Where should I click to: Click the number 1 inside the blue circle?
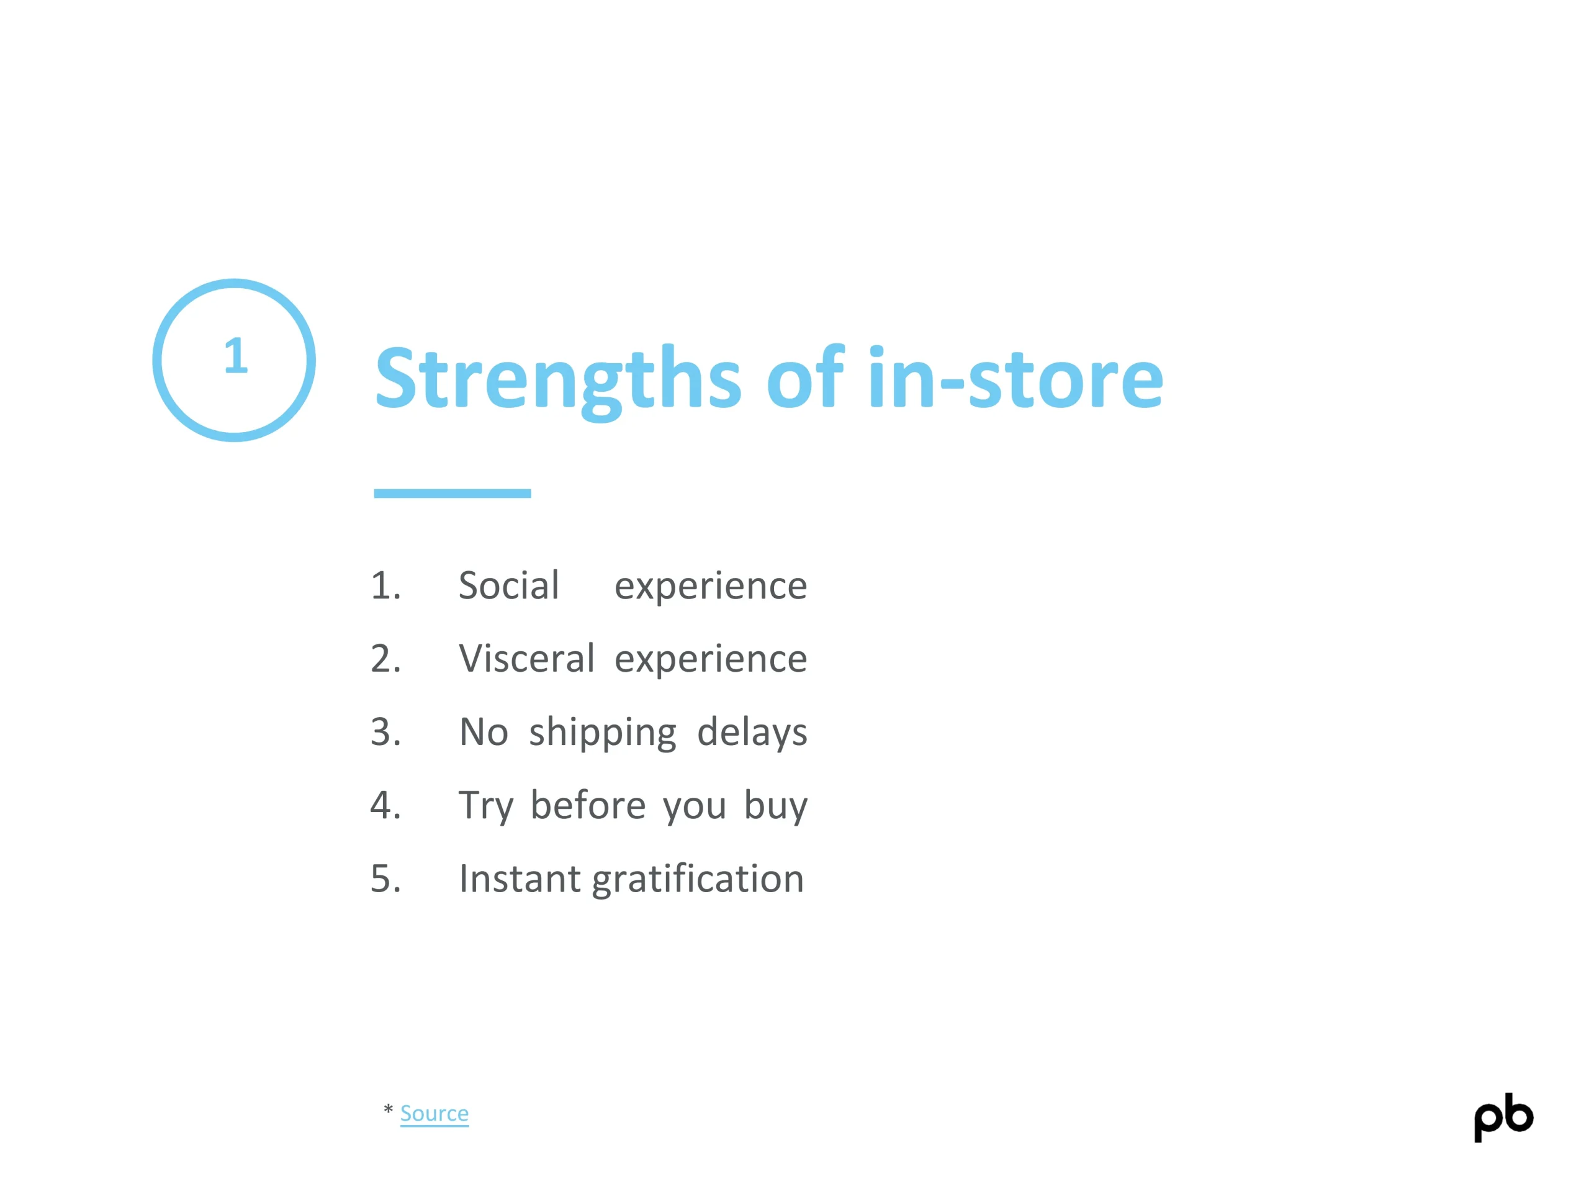click(236, 356)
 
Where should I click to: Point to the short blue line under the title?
click(452, 493)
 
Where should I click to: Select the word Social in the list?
click(508, 585)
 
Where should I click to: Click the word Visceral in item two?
click(526, 658)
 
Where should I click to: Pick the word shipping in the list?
click(603, 733)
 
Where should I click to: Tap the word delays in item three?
click(752, 733)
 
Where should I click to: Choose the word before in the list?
click(588, 805)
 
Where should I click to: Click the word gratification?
click(698, 880)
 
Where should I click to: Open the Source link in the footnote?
click(434, 1113)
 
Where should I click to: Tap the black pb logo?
click(1503, 1118)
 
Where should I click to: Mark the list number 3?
click(385, 732)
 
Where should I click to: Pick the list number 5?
click(385, 878)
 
